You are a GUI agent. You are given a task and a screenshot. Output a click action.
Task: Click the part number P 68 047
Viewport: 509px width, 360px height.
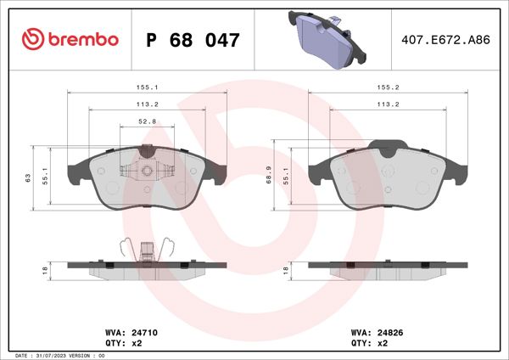point(193,40)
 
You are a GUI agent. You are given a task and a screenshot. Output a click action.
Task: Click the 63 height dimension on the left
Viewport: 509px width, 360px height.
point(28,177)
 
